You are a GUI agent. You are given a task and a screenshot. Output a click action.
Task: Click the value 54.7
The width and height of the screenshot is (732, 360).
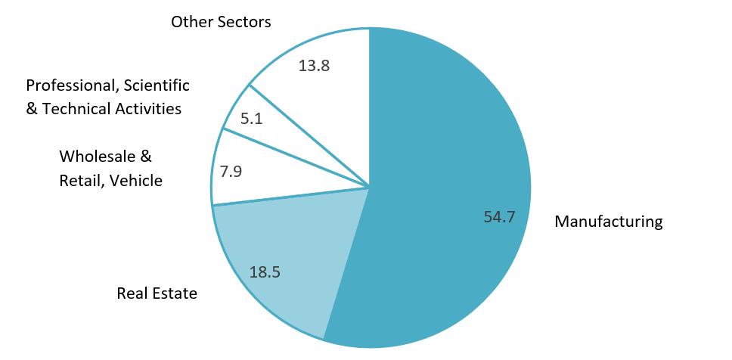point(499,217)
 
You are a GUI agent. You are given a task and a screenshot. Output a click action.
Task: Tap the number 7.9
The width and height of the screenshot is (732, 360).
point(230,172)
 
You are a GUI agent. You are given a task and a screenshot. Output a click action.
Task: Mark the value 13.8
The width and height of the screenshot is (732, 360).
point(314,66)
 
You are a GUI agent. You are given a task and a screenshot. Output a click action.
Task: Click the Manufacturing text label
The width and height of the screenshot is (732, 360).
point(609,222)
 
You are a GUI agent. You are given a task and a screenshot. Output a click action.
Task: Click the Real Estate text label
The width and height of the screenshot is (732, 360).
point(157,293)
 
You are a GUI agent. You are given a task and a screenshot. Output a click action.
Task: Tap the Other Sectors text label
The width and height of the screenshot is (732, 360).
point(221,22)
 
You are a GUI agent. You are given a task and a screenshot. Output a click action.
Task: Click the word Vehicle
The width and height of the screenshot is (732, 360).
point(136,180)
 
